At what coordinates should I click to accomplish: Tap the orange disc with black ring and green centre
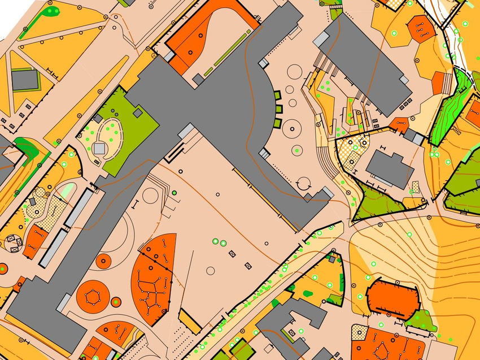[116, 302]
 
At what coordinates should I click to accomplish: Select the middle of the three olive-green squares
[278, 109]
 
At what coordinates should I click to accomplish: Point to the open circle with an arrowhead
[304, 184]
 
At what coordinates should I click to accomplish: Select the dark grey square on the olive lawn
[137, 113]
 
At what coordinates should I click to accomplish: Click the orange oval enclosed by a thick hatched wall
[393, 298]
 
